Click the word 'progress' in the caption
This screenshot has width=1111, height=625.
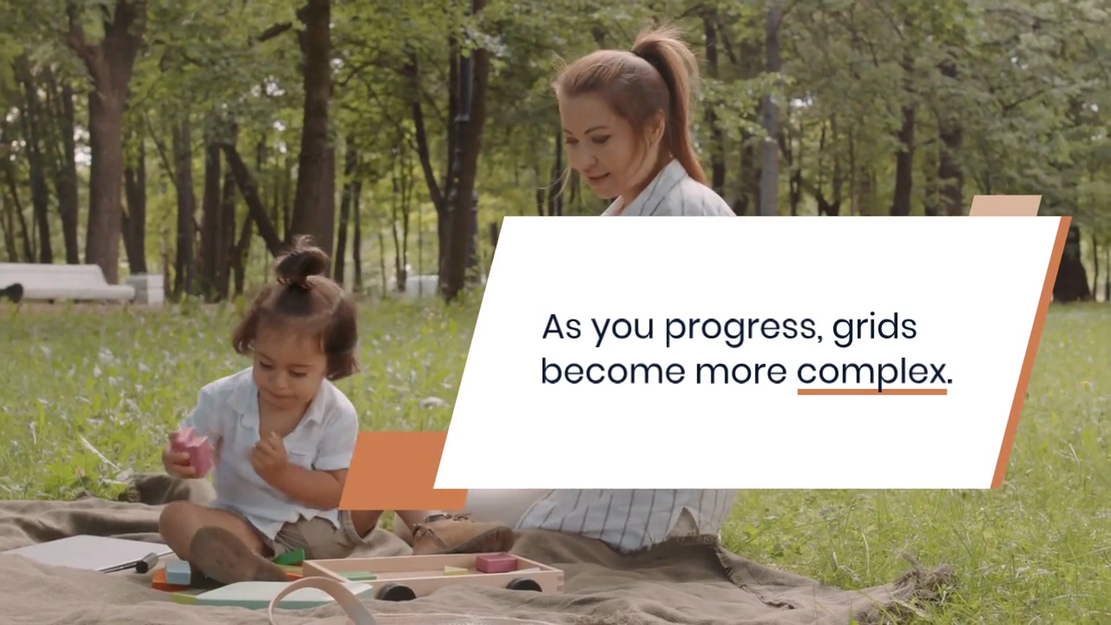click(744, 328)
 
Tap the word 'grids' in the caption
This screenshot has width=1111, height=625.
click(874, 327)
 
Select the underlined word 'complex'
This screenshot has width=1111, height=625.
click(871, 372)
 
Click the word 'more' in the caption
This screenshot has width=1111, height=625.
click(741, 373)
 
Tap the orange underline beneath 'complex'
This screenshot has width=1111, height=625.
click(872, 392)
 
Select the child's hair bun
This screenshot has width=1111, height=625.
click(301, 263)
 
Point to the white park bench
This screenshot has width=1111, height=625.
click(67, 282)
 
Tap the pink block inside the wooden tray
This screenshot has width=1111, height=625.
click(496, 562)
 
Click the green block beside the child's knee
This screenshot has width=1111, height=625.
click(289, 558)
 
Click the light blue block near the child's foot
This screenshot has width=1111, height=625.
click(178, 573)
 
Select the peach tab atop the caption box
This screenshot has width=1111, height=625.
click(1005, 206)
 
